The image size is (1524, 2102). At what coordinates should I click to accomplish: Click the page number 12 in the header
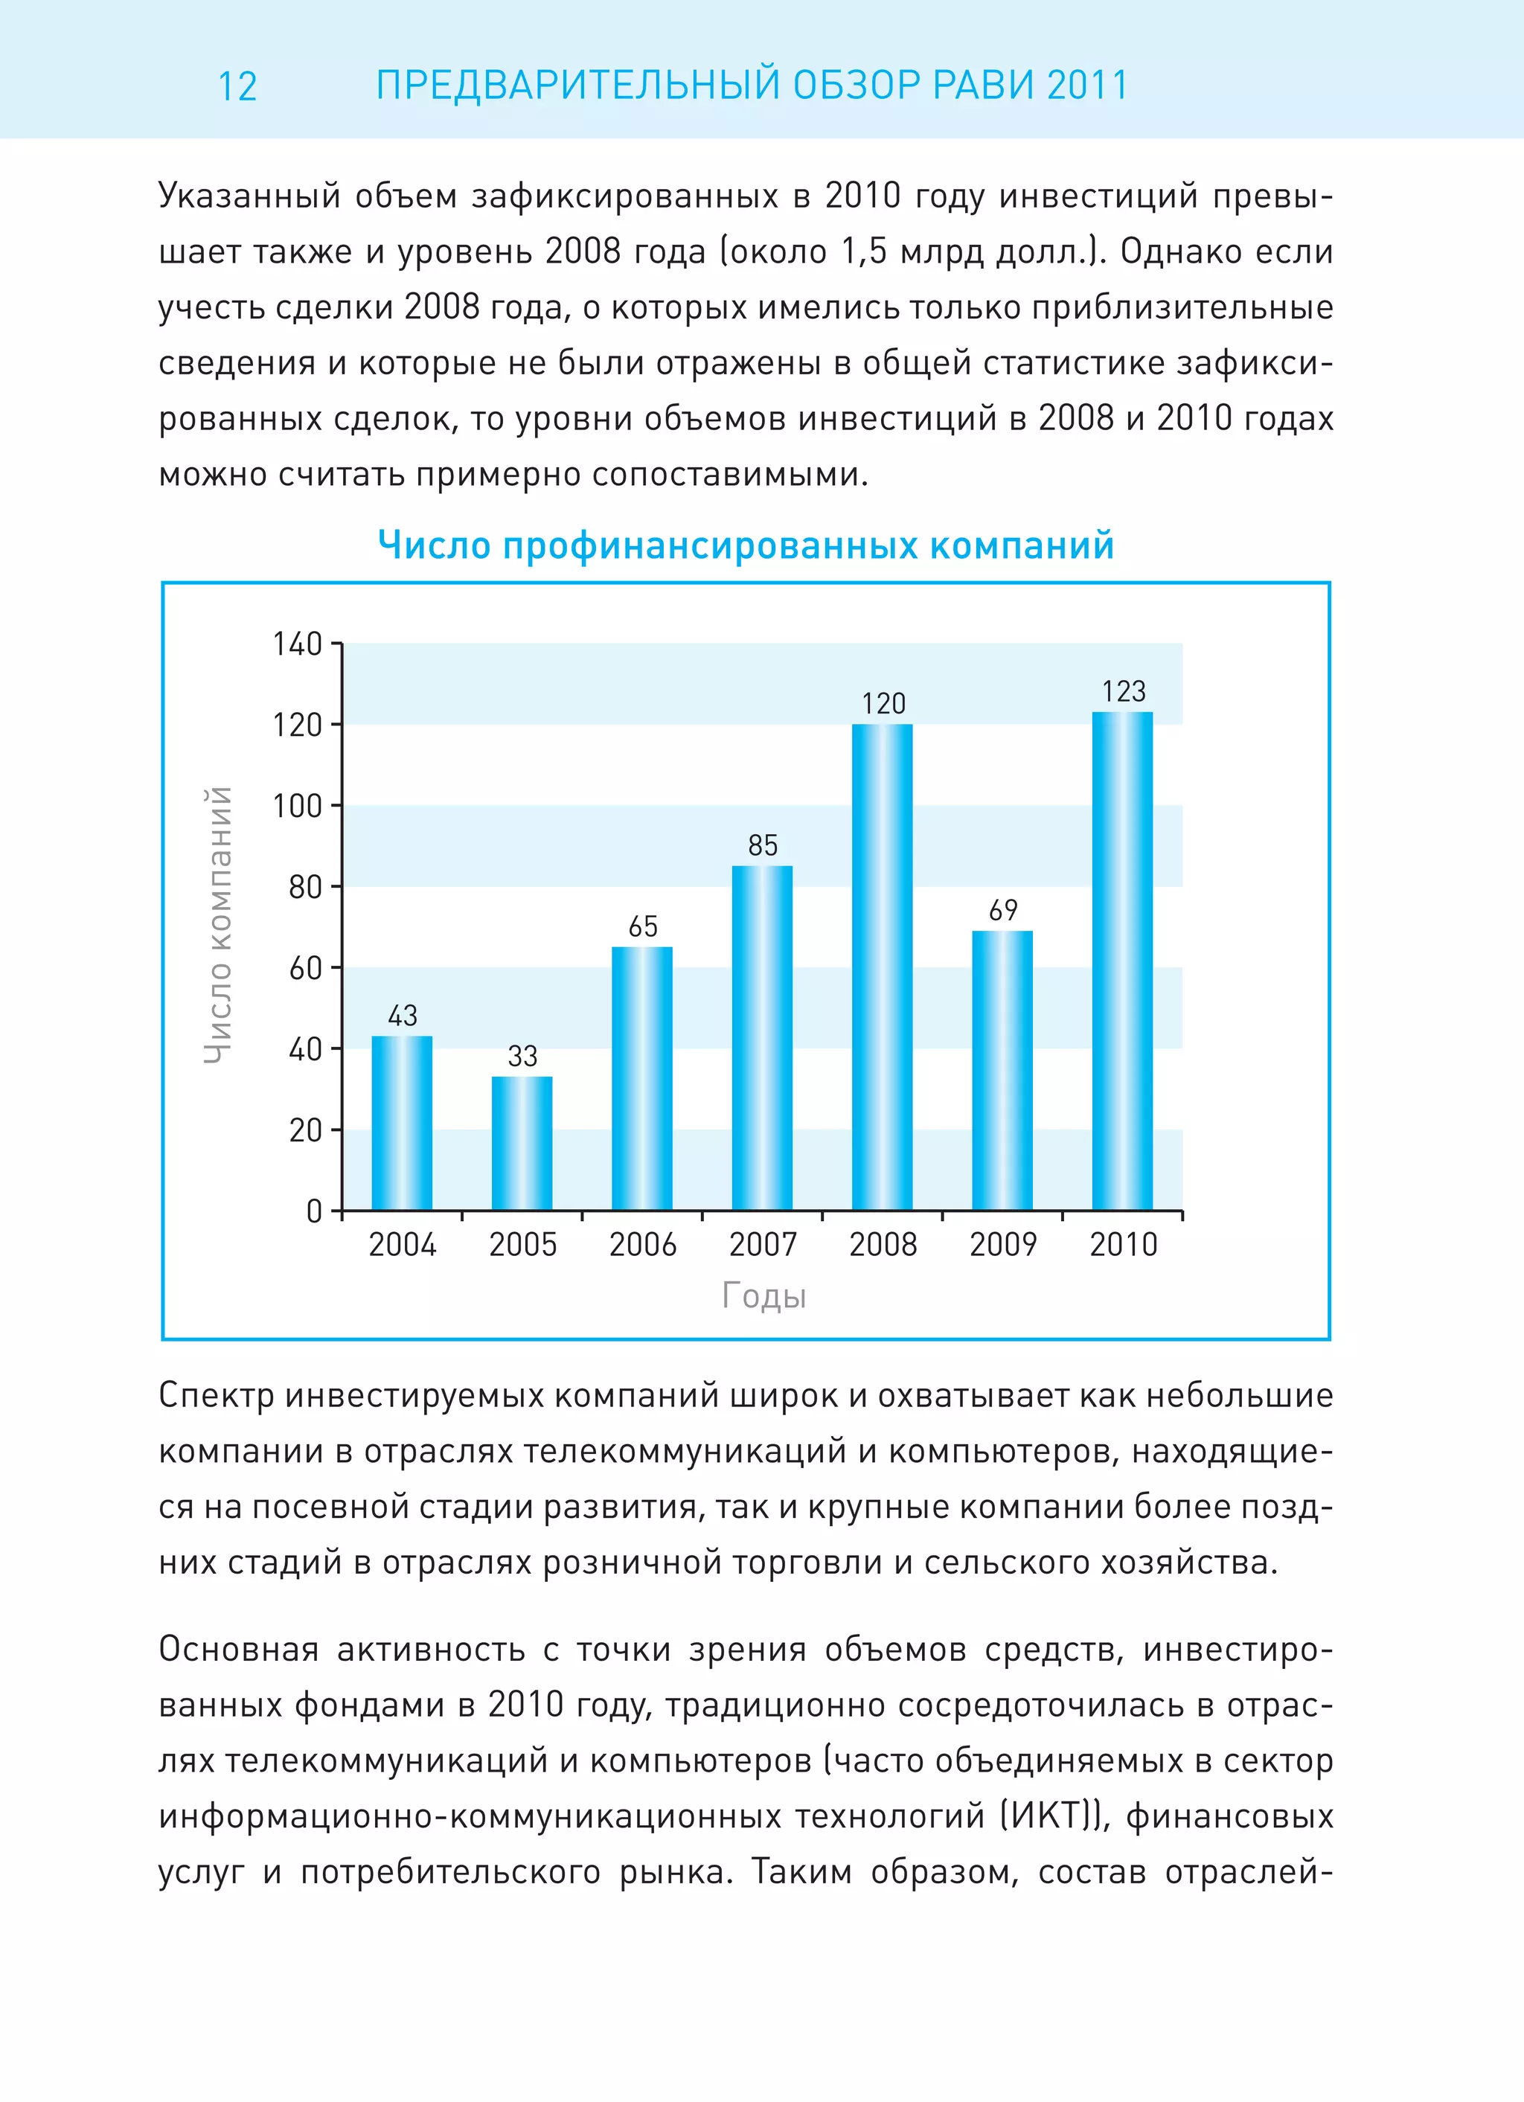[x=237, y=87]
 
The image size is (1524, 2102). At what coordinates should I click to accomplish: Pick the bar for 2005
[x=522, y=1143]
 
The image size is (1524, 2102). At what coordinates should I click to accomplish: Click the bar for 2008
[x=882, y=967]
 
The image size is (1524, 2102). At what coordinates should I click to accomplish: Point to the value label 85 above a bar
[x=763, y=845]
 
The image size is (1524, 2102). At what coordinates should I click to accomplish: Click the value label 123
[x=1124, y=691]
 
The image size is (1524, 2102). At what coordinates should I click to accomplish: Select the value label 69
[x=1003, y=910]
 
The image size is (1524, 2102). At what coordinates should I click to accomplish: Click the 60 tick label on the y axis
[x=305, y=969]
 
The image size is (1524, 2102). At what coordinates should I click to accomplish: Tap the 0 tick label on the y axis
[x=314, y=1211]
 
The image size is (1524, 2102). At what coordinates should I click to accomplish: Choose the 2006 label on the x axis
[x=642, y=1245]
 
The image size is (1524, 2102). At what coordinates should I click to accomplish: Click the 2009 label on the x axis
[x=1003, y=1245]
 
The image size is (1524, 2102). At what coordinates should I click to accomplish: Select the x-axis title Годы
[x=763, y=1295]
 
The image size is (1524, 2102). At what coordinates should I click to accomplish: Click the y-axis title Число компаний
[x=217, y=925]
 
